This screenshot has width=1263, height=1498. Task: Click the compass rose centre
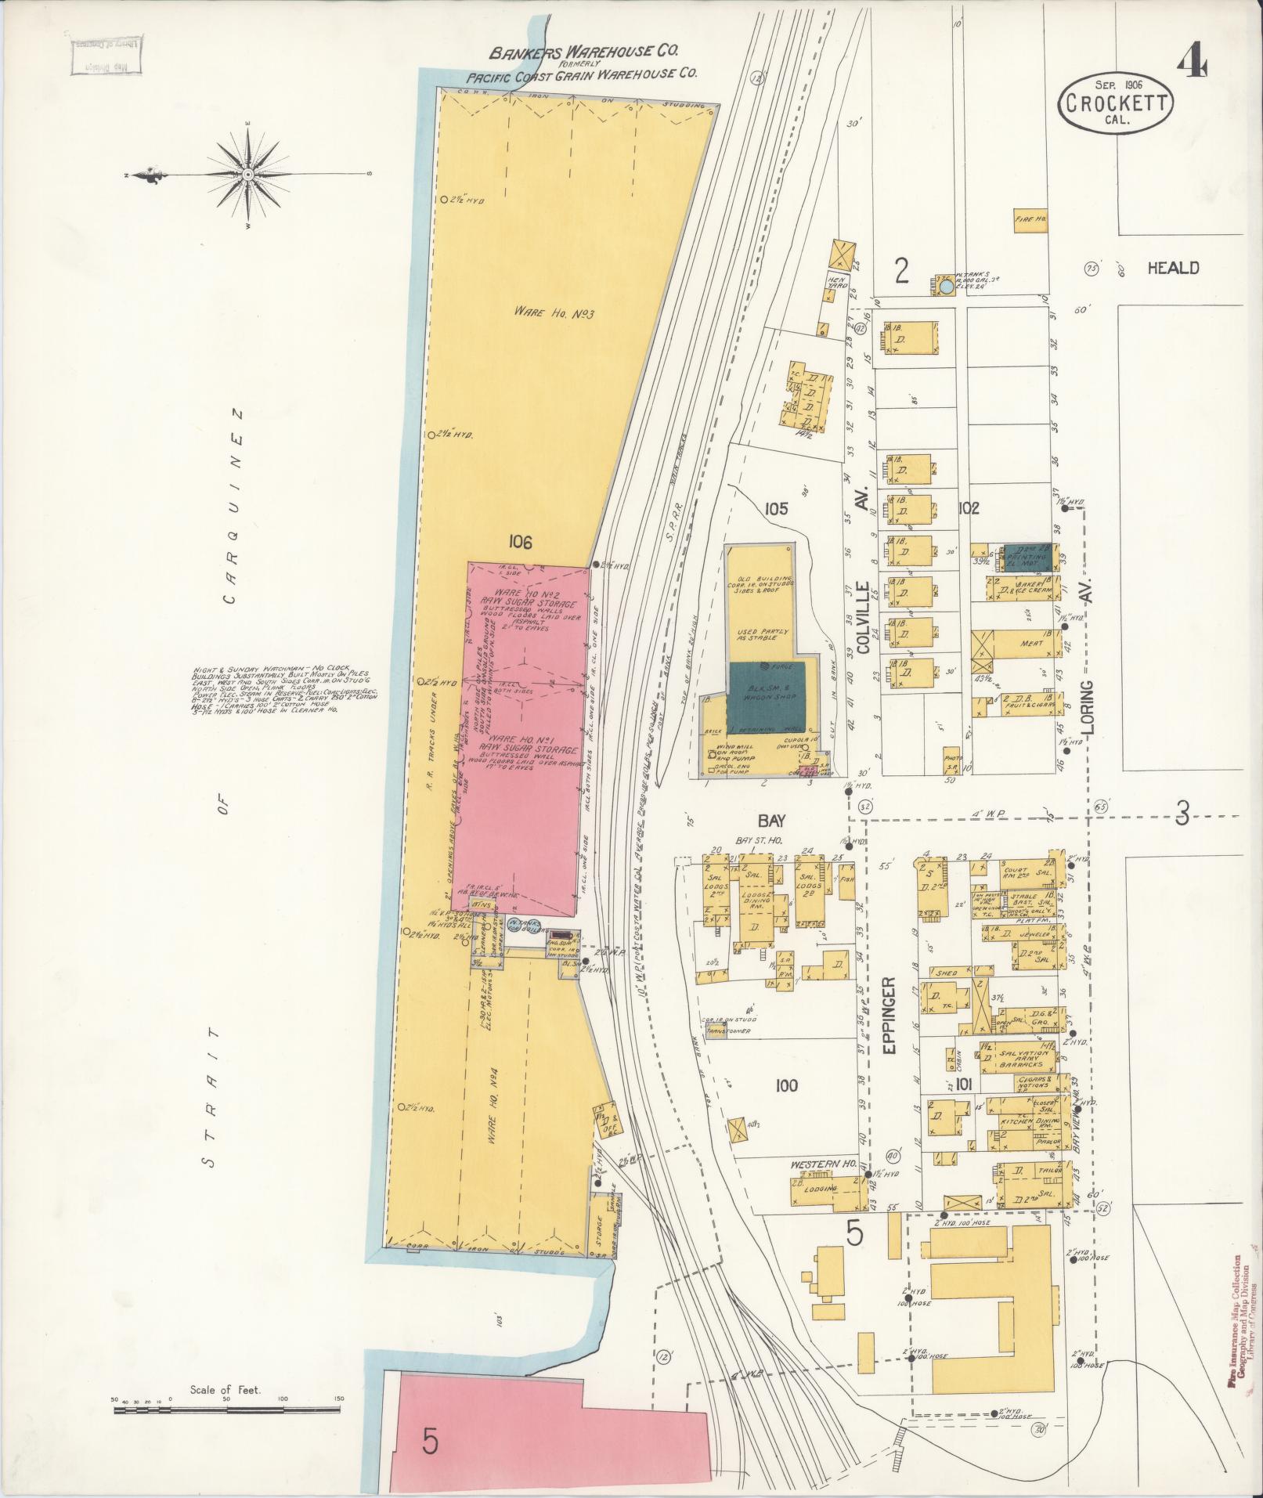[247, 174]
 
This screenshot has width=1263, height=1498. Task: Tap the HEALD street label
[1172, 268]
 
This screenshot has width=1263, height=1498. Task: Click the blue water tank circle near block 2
[947, 287]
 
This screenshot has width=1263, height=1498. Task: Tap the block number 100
[786, 1085]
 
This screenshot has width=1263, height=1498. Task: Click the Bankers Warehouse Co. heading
[583, 52]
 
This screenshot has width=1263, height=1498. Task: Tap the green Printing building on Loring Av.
[1028, 555]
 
